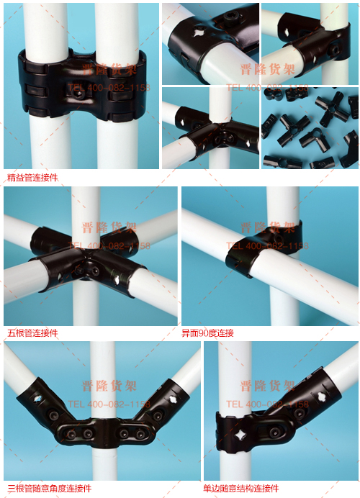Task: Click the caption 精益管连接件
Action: [x=32, y=177]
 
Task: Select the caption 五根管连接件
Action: [x=32, y=333]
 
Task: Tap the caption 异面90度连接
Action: [x=208, y=333]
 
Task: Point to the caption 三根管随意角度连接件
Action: [x=50, y=489]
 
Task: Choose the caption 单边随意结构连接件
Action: [x=241, y=489]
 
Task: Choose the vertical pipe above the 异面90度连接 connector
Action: [x=282, y=205]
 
